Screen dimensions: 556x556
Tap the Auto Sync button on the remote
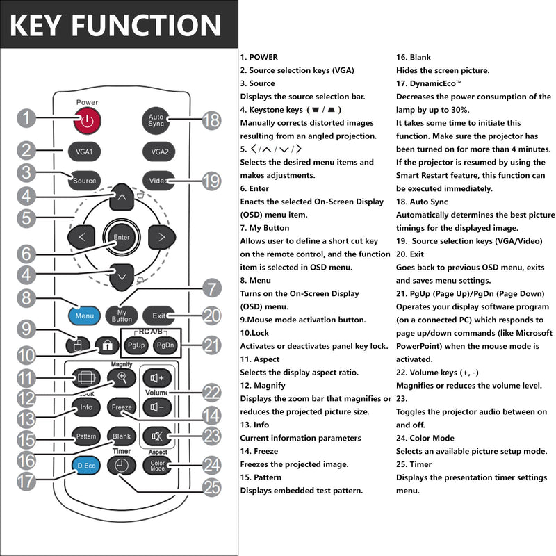156,120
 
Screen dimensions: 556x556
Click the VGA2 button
159,152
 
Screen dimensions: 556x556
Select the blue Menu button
84,316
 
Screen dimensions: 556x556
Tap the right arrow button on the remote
162,237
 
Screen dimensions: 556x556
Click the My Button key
122,316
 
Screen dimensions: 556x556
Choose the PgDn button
165,345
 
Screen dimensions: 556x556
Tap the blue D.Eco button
86,466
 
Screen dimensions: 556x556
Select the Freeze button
122,407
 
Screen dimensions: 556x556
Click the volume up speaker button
157,378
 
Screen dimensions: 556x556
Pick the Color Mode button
157,466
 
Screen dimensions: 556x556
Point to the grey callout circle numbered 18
212,120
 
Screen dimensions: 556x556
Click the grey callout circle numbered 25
212,487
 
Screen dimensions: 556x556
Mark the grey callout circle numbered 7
212,288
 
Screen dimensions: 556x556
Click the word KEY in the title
35,25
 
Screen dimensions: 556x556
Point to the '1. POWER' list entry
259,57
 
